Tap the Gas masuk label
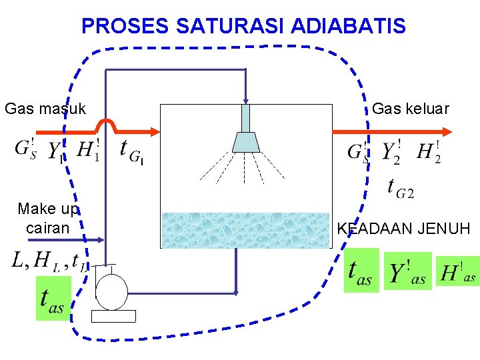[x=45, y=108]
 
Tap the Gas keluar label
[x=411, y=108]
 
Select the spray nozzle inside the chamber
[x=245, y=137]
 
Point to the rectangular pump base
[x=113, y=316]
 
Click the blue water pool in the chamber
[x=245, y=230]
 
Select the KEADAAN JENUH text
[x=403, y=229]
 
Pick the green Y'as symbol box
[x=407, y=271]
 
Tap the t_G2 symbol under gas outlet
[x=401, y=189]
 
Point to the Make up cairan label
[x=48, y=218]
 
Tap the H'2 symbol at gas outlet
[x=429, y=152]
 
